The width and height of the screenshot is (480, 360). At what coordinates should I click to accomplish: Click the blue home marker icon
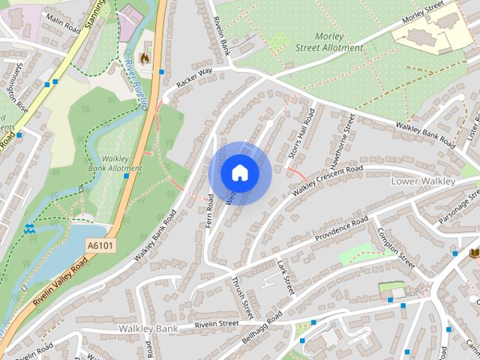coord(239,173)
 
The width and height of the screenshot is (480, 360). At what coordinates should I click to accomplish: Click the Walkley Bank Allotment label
coord(115,163)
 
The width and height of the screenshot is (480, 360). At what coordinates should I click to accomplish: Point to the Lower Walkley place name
coord(423,181)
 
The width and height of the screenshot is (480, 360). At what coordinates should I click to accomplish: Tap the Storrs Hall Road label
coord(301,134)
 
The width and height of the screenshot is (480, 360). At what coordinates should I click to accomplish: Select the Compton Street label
coord(396,248)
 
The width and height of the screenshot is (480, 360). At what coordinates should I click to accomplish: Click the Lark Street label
coord(283,276)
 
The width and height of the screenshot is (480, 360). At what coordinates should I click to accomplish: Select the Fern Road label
coord(211,211)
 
